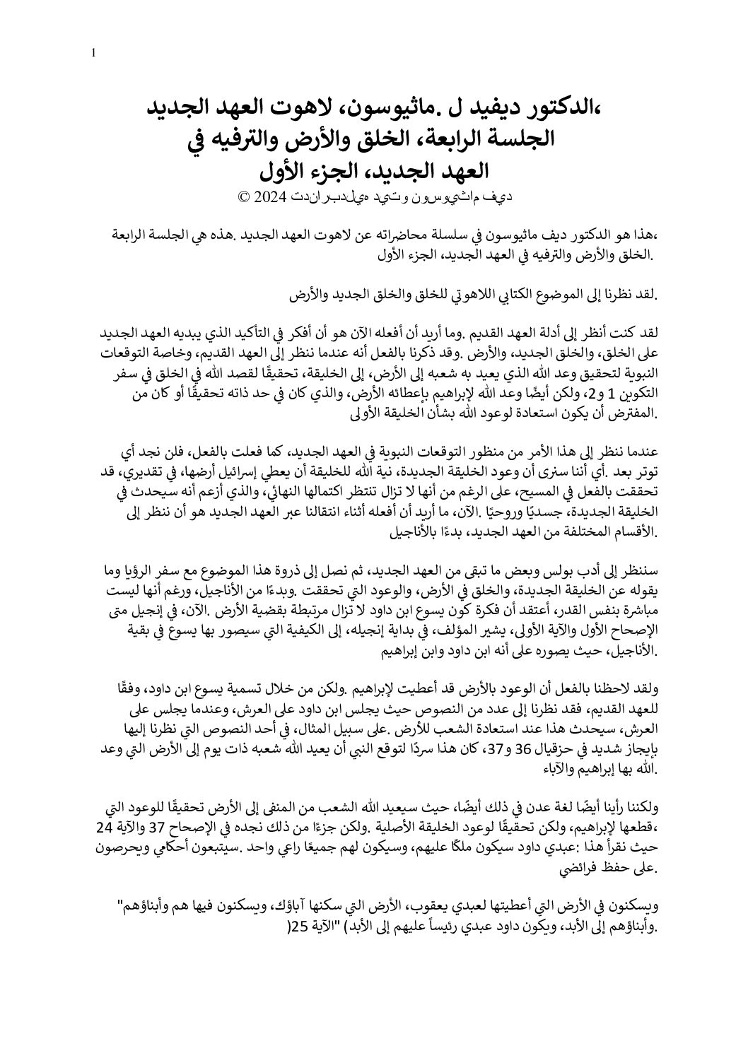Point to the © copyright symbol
point(245,197)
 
